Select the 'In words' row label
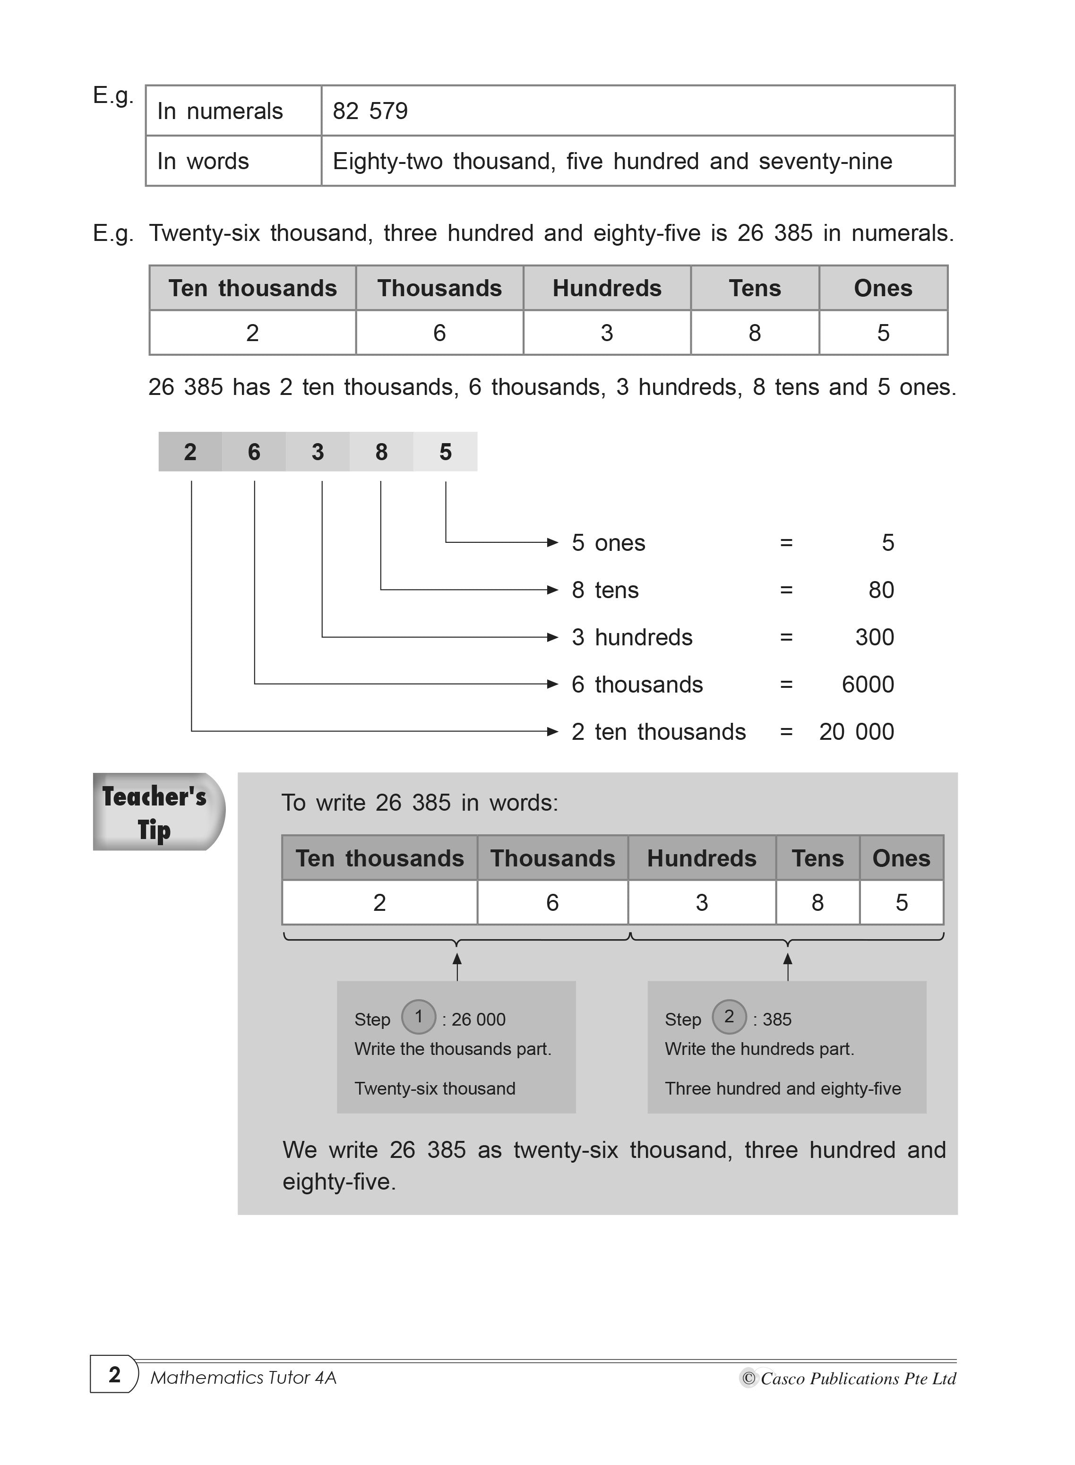203,161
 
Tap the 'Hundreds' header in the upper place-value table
606,288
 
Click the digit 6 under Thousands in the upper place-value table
439,333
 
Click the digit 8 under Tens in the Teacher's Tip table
817,903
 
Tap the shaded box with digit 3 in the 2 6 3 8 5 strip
318,452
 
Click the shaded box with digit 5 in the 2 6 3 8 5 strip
445,452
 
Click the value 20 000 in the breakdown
856,732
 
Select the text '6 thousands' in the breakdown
637,685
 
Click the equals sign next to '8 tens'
786,590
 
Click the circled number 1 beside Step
418,1017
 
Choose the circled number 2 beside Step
729,1017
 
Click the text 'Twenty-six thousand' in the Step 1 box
435,1089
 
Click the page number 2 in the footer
114,1375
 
